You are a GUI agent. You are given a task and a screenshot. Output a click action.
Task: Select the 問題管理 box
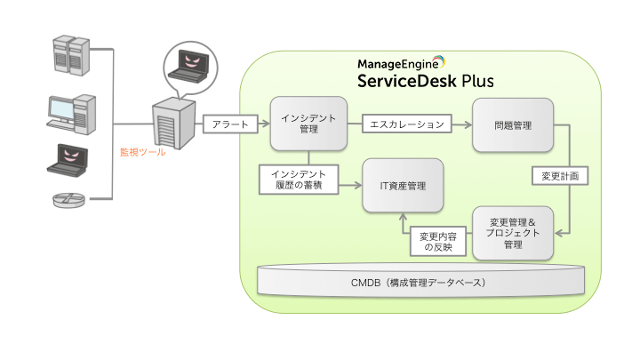coord(513,124)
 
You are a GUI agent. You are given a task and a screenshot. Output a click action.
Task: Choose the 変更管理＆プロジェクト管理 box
coord(513,232)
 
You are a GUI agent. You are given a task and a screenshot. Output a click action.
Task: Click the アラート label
coord(231,124)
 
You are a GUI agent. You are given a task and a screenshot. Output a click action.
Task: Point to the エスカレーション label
coord(408,124)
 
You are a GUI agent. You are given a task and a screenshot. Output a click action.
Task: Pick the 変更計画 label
coord(560,176)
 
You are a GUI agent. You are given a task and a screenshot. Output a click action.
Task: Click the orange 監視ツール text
coord(143,151)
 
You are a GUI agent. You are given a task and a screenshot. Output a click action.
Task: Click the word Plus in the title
coord(478,83)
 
